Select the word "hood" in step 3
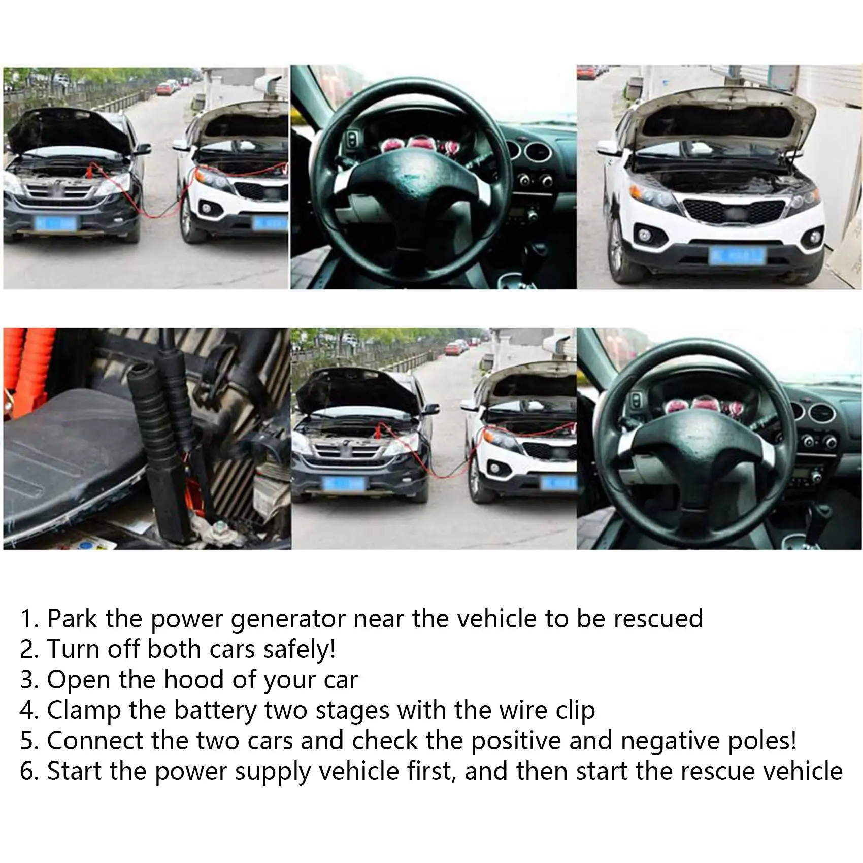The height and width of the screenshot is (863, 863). pyautogui.click(x=195, y=679)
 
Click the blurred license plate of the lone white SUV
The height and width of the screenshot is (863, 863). pyautogui.click(x=736, y=255)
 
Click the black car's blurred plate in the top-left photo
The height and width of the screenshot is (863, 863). pyautogui.click(x=55, y=223)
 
